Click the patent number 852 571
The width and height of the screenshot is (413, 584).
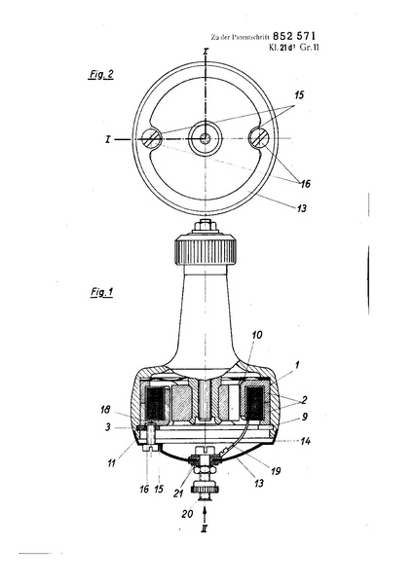(x=294, y=36)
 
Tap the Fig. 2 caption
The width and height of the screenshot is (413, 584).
(x=101, y=75)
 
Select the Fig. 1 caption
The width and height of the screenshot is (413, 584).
(x=101, y=292)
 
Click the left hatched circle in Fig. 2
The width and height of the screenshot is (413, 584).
(x=150, y=138)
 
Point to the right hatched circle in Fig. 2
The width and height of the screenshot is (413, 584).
(x=259, y=138)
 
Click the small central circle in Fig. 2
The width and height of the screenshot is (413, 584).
(x=205, y=139)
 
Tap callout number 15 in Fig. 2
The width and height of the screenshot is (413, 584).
(x=299, y=95)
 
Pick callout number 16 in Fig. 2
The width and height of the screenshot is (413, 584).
(x=305, y=184)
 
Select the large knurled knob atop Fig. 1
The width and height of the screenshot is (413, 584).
(x=205, y=250)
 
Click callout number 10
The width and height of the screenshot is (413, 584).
(x=256, y=335)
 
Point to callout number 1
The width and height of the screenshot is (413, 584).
(x=297, y=365)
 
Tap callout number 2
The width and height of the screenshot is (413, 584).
(x=304, y=400)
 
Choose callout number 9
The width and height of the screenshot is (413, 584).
(x=305, y=417)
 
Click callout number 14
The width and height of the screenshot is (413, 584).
(x=305, y=441)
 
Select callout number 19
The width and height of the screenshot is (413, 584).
(x=276, y=471)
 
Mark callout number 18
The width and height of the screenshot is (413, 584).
(x=105, y=410)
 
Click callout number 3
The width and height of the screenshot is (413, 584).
(x=108, y=427)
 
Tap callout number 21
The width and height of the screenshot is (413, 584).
(x=178, y=493)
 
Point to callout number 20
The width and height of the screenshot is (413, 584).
(x=187, y=514)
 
